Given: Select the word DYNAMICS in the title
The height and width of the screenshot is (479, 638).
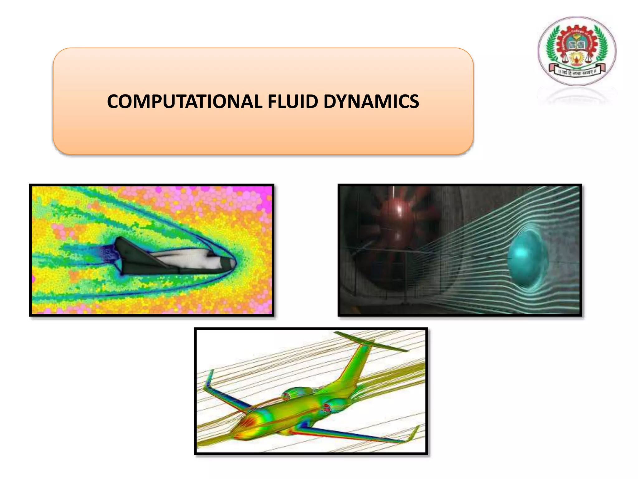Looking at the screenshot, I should point(371,102).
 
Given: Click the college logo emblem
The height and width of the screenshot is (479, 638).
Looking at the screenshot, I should point(577,51).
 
